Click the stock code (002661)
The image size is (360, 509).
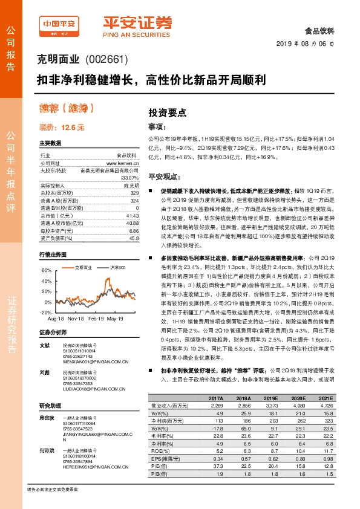pyautogui.click(x=108, y=60)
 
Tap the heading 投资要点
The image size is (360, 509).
pyautogui.click(x=168, y=112)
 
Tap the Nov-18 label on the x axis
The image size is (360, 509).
pyautogui.click(x=76, y=318)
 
